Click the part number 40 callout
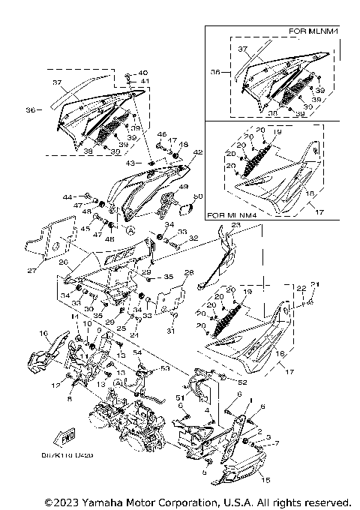pos(144,73)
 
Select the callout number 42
pos(198,152)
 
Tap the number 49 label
pos(183,187)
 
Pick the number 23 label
pos(235,224)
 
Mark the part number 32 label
pos(193,238)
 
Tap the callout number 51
pos(179,397)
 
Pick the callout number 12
pos(54,385)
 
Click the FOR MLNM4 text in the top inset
pos(313,31)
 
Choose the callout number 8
pos(70,400)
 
